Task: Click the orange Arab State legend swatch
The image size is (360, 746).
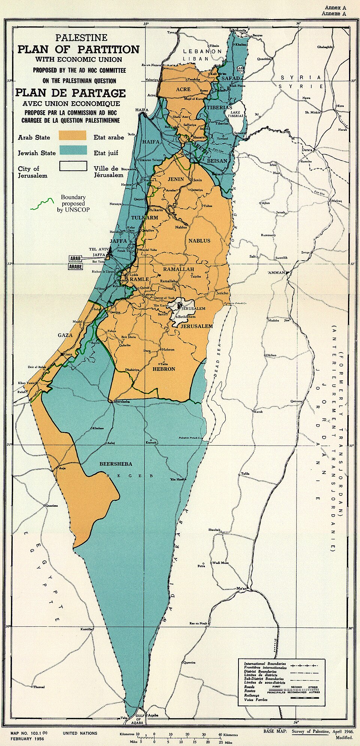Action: (72, 135)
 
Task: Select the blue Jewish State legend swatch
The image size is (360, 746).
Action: (72, 151)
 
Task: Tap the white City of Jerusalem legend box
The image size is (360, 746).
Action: (73, 166)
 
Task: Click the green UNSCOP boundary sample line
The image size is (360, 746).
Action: (42, 204)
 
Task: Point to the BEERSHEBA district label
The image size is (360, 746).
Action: (115, 464)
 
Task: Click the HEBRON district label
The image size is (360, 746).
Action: (164, 369)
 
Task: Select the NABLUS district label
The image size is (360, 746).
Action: (199, 240)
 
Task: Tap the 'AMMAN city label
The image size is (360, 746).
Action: (276, 272)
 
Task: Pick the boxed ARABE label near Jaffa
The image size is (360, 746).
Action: (75, 267)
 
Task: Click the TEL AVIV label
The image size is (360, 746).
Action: (99, 249)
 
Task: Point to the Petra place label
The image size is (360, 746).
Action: (201, 566)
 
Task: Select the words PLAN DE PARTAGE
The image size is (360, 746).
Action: (70, 93)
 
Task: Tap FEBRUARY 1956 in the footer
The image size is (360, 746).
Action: (27, 739)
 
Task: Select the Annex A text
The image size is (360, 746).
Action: (335, 8)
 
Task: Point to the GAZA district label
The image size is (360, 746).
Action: (65, 335)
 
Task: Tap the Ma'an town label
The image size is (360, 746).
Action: (241, 588)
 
